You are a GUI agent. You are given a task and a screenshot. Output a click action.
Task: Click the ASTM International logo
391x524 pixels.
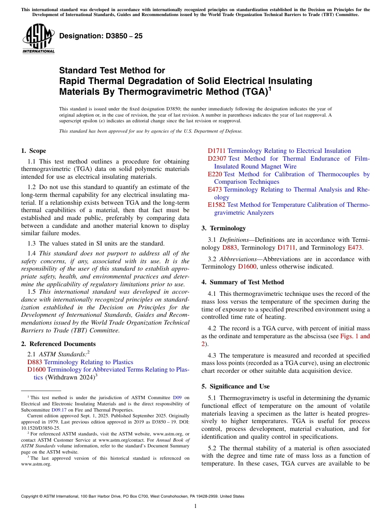(x=38, y=39)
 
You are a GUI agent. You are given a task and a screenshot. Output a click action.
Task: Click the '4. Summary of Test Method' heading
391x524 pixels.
(x=242, y=282)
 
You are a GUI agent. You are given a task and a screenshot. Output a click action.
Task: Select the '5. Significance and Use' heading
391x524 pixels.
(x=235, y=386)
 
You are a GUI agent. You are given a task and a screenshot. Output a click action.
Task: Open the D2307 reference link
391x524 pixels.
(x=217, y=159)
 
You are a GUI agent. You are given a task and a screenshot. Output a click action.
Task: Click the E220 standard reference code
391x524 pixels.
(x=215, y=174)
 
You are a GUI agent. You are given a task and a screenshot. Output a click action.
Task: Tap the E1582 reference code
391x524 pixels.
(x=216, y=205)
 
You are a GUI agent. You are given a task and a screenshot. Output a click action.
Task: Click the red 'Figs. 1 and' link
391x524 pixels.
(x=355, y=336)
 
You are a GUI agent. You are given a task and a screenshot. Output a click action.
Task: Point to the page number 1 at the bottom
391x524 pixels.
(x=195, y=506)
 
